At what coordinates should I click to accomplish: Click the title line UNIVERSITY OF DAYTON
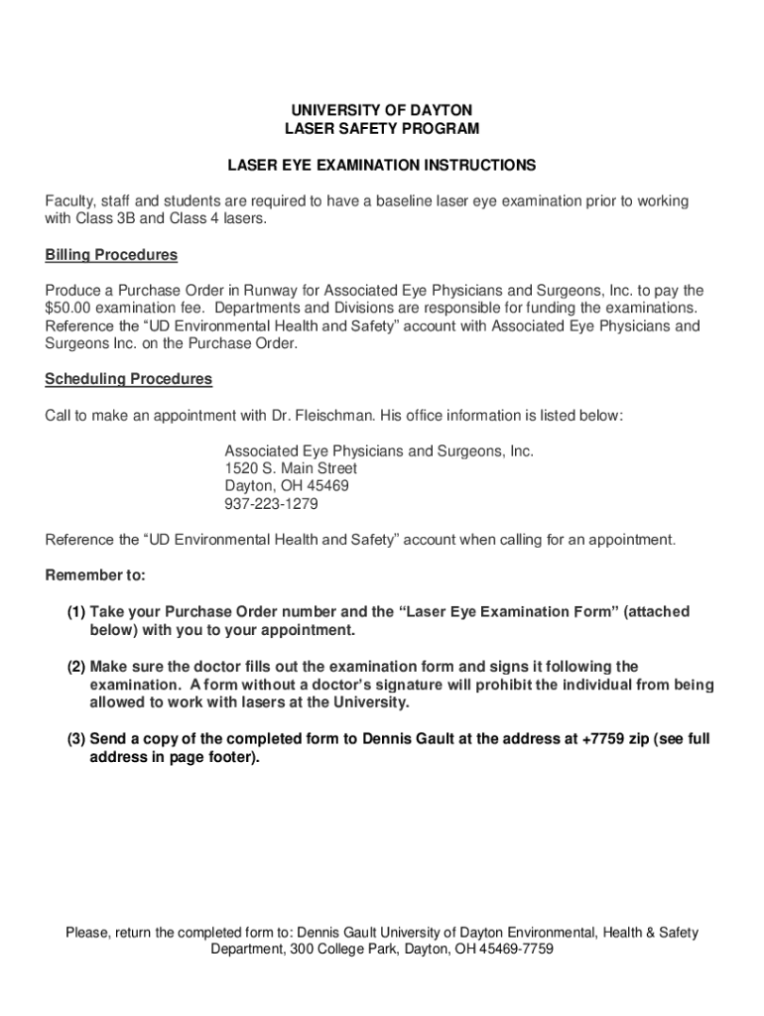(x=382, y=109)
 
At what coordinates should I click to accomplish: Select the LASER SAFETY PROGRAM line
(x=382, y=129)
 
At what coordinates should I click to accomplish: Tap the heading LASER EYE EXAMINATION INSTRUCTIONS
(x=382, y=165)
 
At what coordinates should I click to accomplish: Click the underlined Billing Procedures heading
(x=111, y=255)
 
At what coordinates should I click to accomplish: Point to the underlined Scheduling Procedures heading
(x=128, y=379)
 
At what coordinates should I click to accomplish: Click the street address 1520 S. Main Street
(x=291, y=468)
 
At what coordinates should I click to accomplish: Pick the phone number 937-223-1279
(x=271, y=504)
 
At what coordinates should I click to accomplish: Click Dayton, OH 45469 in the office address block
(x=287, y=486)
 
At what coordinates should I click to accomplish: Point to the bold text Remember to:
(x=95, y=575)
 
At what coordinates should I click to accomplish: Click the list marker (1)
(x=76, y=612)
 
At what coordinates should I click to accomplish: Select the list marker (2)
(x=76, y=667)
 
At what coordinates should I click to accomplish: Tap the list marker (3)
(x=76, y=739)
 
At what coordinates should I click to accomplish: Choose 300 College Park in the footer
(x=334, y=950)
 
